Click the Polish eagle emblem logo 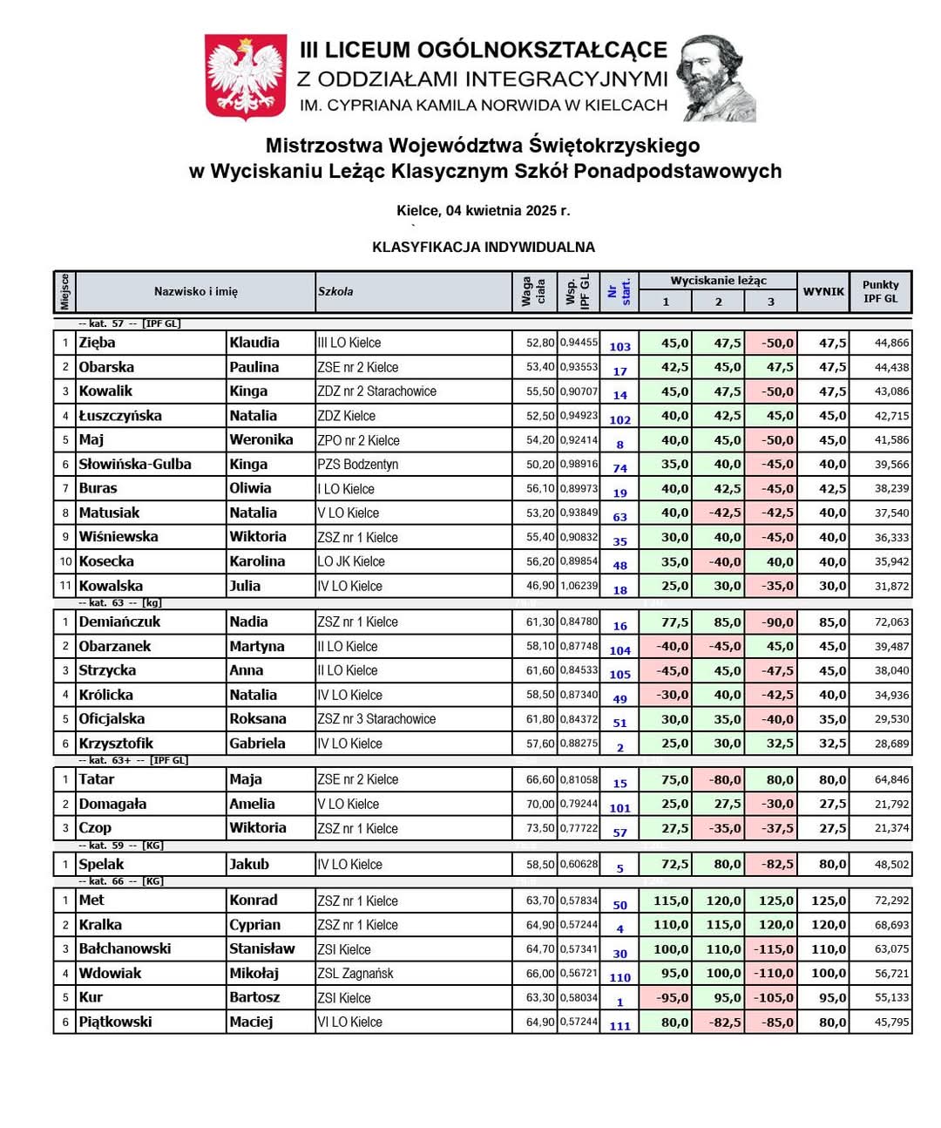point(246,77)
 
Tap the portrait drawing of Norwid point(716,78)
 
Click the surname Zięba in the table point(98,343)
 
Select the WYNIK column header point(823,291)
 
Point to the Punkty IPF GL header point(880,291)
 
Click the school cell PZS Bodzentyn point(357,465)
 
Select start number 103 point(619,346)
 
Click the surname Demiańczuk point(120,622)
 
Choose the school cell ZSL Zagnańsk point(355,974)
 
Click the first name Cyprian point(254,925)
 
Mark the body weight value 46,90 point(540,586)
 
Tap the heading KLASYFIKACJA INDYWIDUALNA point(484,247)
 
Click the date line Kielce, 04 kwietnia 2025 point(483,210)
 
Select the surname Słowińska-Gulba point(135,465)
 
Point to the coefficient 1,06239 point(579,586)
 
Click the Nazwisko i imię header point(196,291)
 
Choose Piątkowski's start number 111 point(619,1025)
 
